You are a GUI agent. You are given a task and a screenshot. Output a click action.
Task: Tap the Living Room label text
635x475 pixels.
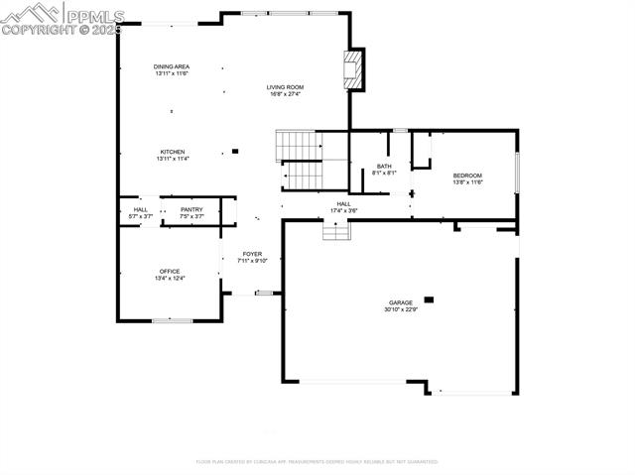(x=284, y=87)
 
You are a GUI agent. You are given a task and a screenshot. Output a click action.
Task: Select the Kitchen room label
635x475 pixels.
(x=172, y=152)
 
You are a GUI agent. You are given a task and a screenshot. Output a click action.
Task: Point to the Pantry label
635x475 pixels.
(x=191, y=209)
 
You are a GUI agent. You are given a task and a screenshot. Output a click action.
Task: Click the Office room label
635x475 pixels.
(x=172, y=271)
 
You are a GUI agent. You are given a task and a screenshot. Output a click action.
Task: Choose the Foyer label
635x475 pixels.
(x=252, y=254)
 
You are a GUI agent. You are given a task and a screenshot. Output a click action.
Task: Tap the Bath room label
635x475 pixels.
(x=384, y=167)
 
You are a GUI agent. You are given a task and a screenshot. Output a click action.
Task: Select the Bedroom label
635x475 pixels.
(x=467, y=176)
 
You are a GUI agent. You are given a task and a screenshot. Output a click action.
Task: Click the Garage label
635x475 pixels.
(x=401, y=302)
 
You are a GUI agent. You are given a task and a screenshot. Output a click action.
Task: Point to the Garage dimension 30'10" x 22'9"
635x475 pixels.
(x=401, y=309)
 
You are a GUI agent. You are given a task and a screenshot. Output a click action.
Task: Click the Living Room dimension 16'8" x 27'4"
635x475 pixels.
(x=284, y=94)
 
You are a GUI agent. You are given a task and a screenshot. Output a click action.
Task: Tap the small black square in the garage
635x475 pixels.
(x=429, y=298)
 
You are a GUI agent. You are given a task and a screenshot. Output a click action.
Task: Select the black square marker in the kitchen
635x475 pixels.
(x=235, y=152)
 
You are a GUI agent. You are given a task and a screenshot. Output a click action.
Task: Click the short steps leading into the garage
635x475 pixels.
(x=336, y=231)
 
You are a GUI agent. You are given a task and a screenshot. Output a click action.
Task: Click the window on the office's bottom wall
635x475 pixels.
(x=172, y=320)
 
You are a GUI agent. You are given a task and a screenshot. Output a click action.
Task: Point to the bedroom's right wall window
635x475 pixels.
(x=517, y=170)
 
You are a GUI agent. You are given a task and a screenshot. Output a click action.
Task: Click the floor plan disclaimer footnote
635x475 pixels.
(x=317, y=461)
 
